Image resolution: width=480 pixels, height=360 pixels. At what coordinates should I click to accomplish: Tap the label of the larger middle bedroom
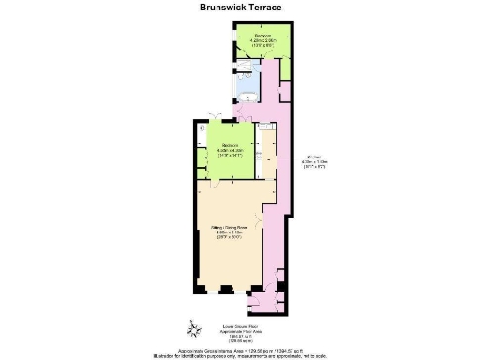point(231,145)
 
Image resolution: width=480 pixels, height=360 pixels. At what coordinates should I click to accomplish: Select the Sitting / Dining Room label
point(234,227)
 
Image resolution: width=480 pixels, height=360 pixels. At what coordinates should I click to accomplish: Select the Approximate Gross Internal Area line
point(239,348)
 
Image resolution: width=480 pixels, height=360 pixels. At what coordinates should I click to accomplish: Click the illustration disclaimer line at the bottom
point(239,354)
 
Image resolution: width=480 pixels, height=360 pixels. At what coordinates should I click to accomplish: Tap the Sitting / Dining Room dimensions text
point(234,235)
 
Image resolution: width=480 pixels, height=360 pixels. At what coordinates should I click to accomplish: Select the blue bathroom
point(249,87)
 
